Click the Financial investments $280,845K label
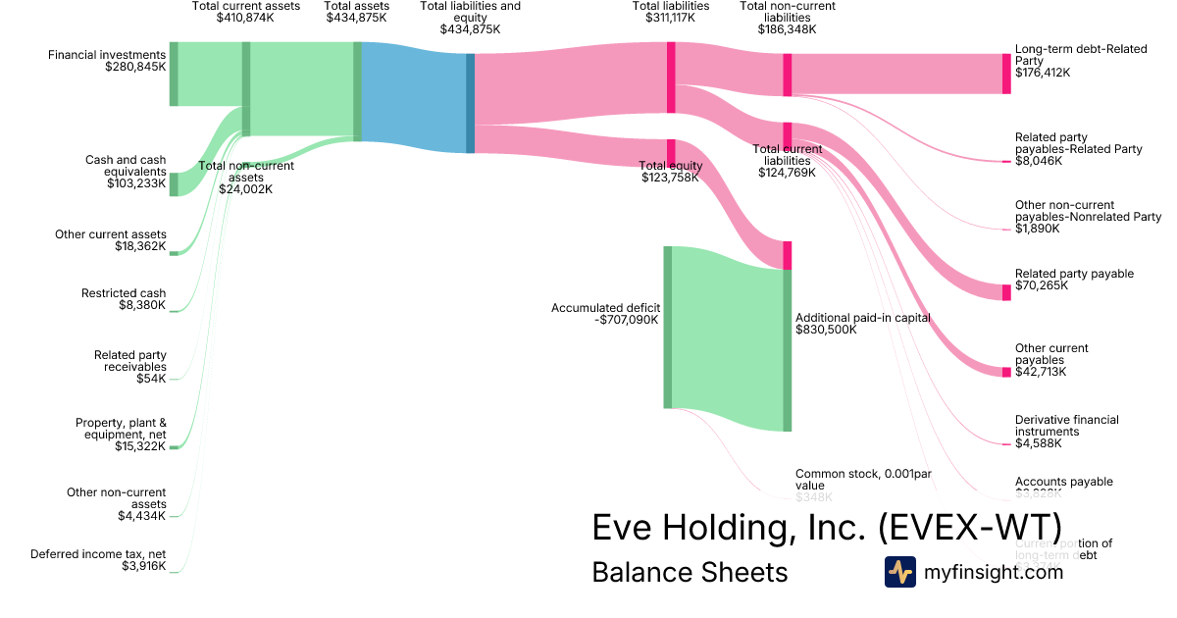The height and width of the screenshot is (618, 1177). tap(108, 61)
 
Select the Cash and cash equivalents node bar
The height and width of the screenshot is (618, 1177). tap(174, 184)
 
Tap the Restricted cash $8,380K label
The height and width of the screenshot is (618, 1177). tap(124, 299)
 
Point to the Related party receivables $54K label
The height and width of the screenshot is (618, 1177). tap(130, 367)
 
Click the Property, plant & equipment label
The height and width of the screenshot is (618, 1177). tap(121, 435)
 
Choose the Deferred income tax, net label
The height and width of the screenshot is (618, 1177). tap(98, 560)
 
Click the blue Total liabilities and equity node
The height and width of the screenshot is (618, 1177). tap(470, 103)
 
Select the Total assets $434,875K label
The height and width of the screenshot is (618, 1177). tap(357, 13)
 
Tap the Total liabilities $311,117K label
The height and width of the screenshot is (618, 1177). tap(671, 13)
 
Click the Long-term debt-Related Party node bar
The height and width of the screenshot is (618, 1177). tap(1006, 74)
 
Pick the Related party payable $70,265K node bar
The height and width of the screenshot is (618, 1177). tap(1006, 292)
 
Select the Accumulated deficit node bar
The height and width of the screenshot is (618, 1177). tap(667, 327)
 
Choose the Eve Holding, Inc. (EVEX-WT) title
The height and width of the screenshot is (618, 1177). tap(826, 527)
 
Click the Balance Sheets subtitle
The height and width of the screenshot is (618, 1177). tap(690, 572)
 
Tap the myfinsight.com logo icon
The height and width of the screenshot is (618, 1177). tap(899, 572)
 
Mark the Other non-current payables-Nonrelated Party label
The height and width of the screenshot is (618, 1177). tap(1088, 217)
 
